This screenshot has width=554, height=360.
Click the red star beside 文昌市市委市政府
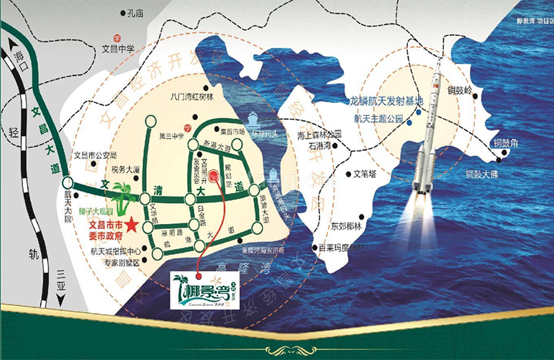click(132, 226)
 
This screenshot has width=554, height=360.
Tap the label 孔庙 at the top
click(135, 12)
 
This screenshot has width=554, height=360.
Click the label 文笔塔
click(365, 174)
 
